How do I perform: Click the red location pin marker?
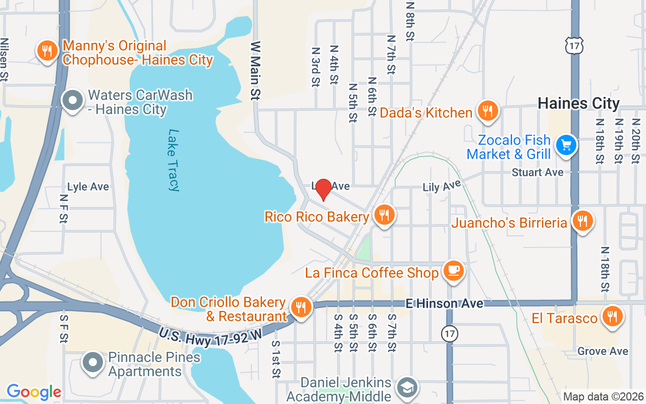[x=323, y=189]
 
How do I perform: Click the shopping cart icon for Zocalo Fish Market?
[x=566, y=145]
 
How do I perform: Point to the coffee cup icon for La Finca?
[x=453, y=271]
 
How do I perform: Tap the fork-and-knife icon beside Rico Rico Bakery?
[x=385, y=215]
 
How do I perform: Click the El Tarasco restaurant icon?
[x=612, y=317]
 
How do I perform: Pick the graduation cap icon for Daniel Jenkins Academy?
[x=406, y=387]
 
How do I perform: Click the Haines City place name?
[x=578, y=104]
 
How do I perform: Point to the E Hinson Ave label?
[x=445, y=304]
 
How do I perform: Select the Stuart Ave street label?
[x=537, y=172]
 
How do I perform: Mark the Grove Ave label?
[x=603, y=351]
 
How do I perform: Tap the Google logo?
[x=34, y=392]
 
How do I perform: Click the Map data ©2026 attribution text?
[x=603, y=397]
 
